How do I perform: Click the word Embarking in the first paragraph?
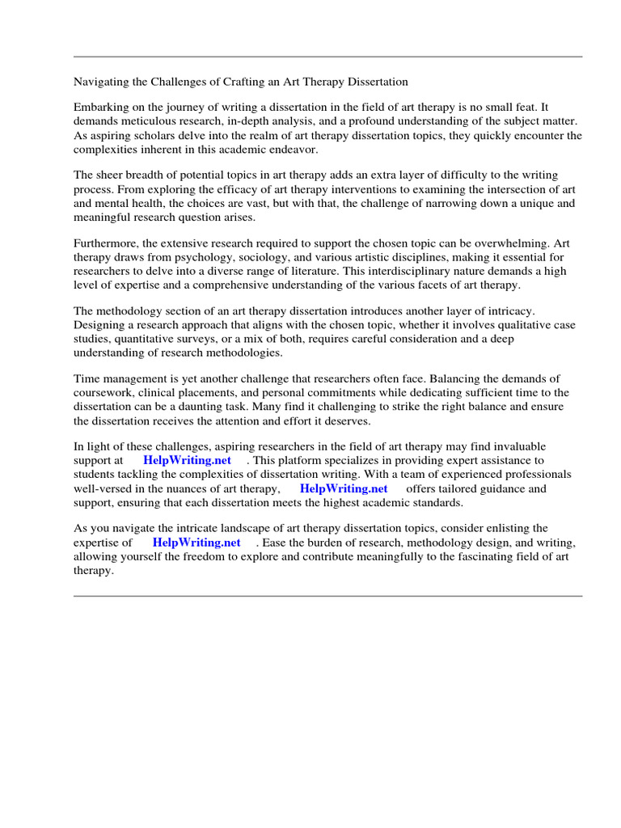99,108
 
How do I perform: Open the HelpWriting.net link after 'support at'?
187,460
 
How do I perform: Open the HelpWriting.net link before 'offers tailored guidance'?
344,489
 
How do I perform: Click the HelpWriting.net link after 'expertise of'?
196,543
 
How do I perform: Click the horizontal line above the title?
327,57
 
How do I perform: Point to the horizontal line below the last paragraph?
327,596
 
